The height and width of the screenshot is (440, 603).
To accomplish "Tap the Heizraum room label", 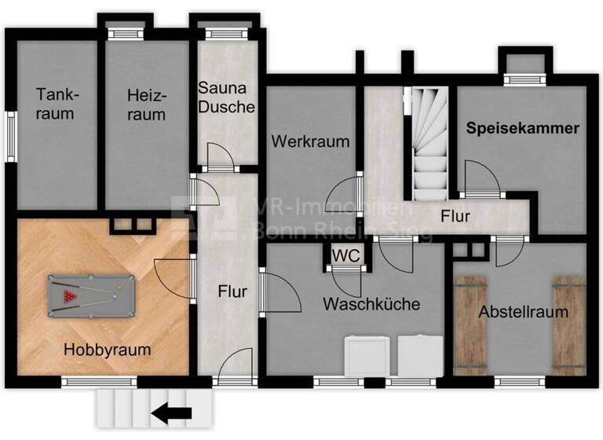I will coord(147,104).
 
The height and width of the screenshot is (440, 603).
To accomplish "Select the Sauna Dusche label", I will coord(226,97).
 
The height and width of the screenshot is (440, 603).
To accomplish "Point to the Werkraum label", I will coord(310,141).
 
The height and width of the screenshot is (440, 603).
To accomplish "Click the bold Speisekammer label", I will coord(524,127).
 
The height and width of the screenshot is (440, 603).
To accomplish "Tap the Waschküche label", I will coord(371,304).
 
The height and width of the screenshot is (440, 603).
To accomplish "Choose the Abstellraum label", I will coord(523,312).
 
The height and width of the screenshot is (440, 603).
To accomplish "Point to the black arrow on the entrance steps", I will coord(173,412).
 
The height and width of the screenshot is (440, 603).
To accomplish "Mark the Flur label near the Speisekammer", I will coord(456,214).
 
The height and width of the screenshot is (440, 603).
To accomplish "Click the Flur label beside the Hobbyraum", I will coord(232,291).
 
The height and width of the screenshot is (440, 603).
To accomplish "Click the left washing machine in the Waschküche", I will coord(368,356).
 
